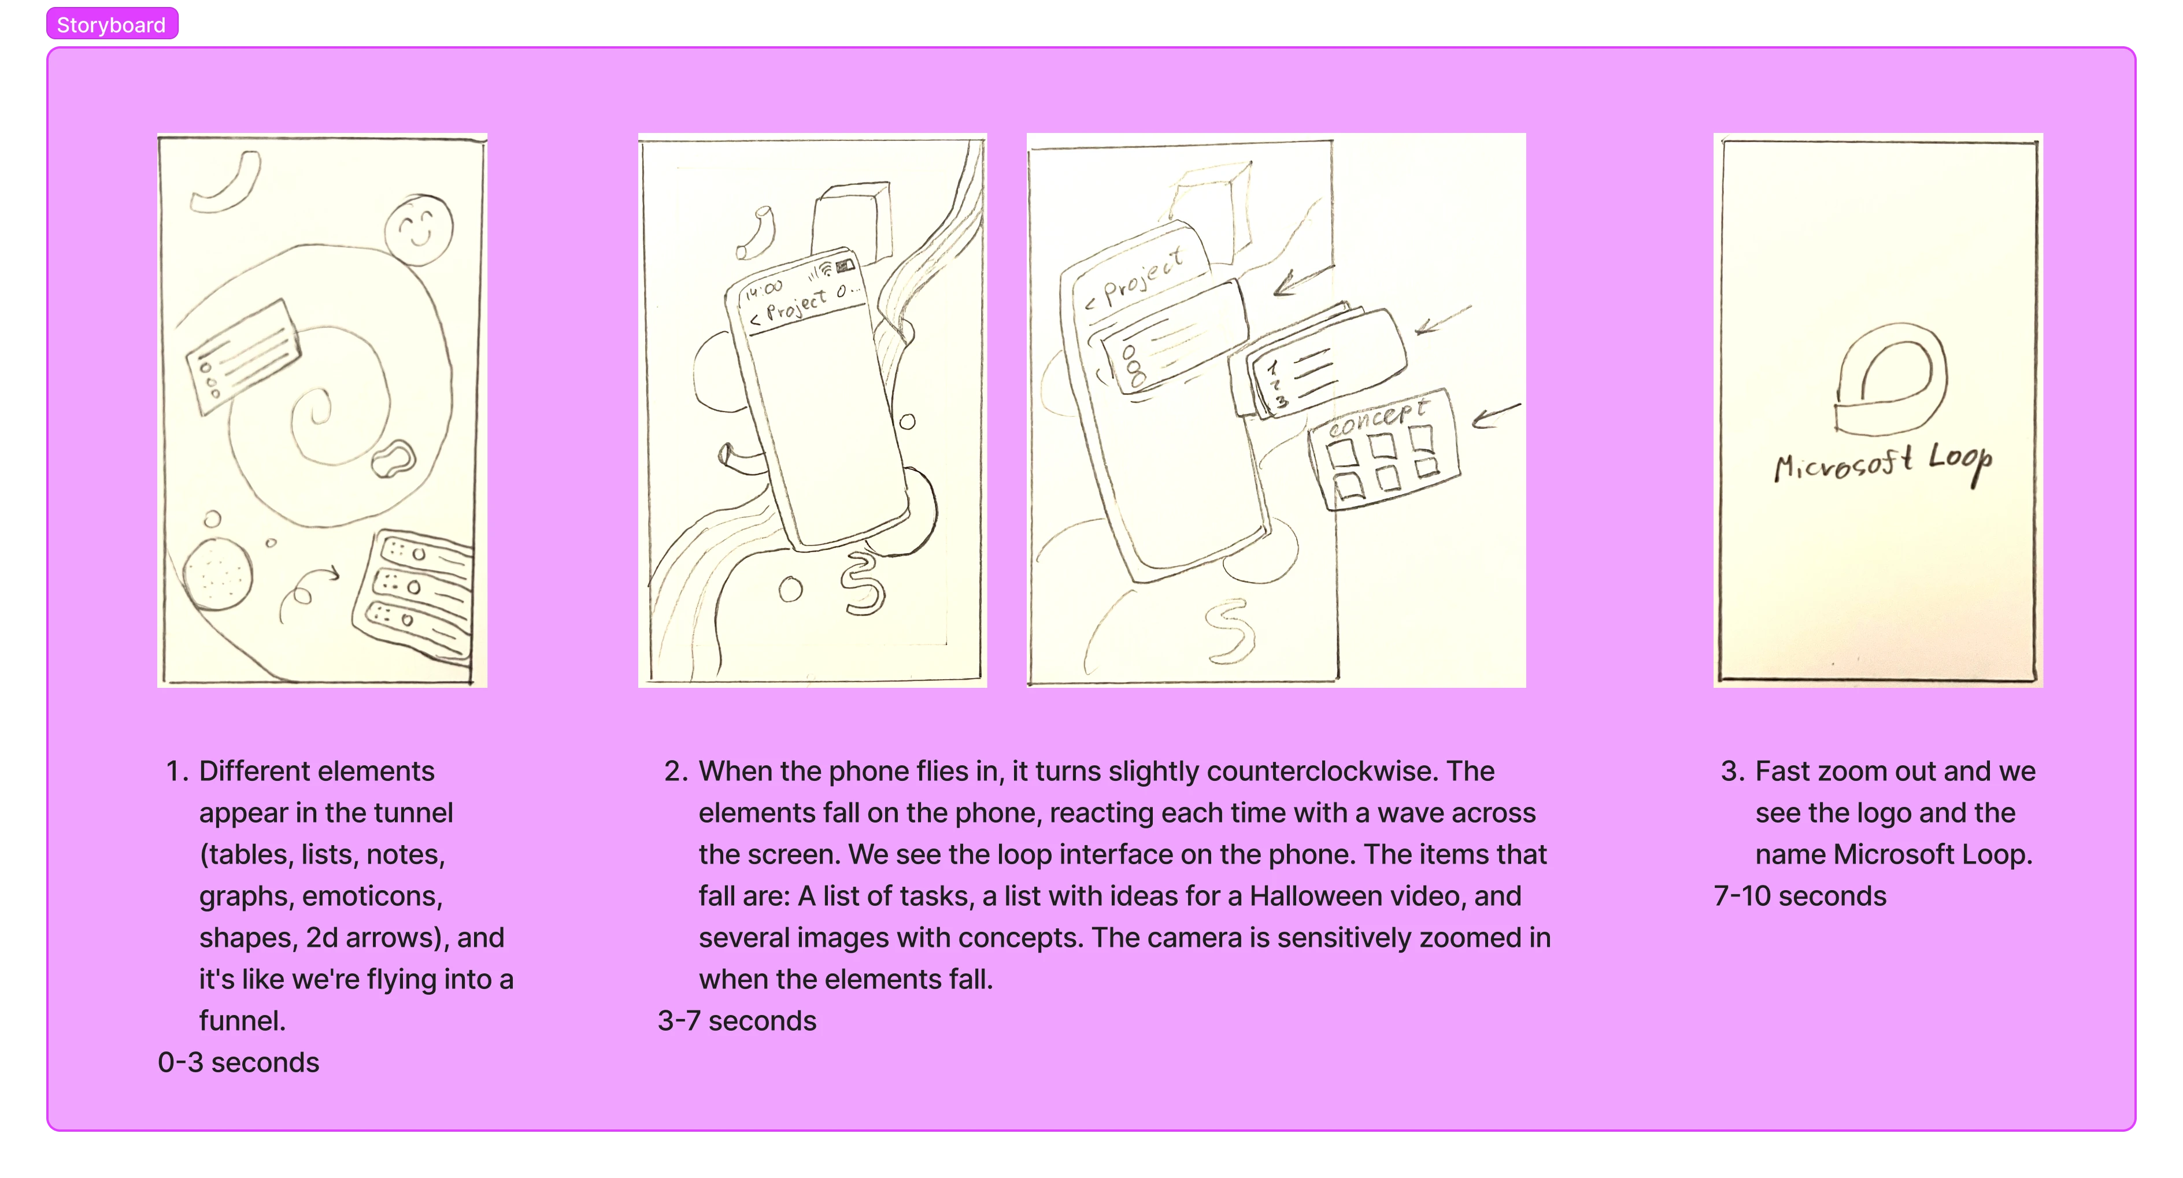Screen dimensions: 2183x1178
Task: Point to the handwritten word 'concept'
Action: (x=1377, y=418)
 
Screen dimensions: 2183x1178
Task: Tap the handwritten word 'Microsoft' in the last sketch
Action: (x=1843, y=463)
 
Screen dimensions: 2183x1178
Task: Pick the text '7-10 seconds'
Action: (x=1800, y=896)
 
